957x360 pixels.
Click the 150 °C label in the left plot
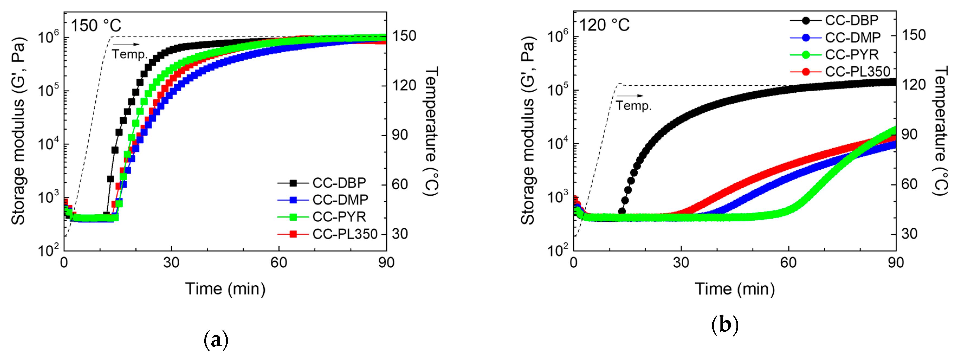[x=96, y=26]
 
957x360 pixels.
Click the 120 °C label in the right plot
[x=604, y=25]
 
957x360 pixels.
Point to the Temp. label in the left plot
[x=130, y=54]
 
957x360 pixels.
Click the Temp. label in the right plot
[x=633, y=106]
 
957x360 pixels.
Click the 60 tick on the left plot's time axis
[x=279, y=263]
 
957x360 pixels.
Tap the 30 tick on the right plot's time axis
[x=681, y=263]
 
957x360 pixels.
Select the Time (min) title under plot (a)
[x=225, y=289]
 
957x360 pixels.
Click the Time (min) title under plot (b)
[x=735, y=289]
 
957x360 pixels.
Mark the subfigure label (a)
[x=216, y=340]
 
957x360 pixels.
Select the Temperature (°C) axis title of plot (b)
[x=941, y=131]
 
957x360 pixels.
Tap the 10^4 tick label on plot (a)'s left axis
[x=48, y=143]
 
